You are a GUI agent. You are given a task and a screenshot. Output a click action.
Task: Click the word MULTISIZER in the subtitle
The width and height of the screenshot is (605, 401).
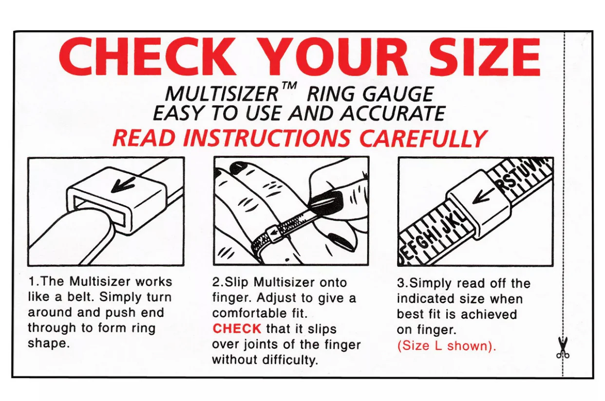[x=222, y=94]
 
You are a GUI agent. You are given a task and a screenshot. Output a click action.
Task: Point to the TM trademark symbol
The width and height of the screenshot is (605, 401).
[x=289, y=86]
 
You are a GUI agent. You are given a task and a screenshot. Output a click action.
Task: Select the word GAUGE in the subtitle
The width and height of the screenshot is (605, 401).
[x=398, y=94]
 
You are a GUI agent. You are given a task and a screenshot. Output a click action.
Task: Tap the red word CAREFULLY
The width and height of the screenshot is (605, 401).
[x=423, y=138]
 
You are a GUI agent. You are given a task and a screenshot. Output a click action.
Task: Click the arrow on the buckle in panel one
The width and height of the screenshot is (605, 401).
[x=123, y=184]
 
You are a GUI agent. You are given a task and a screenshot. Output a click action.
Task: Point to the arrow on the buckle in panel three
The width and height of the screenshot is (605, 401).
[x=483, y=196]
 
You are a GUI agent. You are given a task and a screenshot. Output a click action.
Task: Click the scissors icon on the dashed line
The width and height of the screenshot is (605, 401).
[x=563, y=348]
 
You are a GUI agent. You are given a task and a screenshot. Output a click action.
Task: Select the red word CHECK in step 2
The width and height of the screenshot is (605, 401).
[x=237, y=328]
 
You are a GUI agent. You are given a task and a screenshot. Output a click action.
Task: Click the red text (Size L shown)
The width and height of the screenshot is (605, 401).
[x=447, y=346]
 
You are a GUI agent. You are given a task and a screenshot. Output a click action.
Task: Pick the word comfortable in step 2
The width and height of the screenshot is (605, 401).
[x=249, y=313]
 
